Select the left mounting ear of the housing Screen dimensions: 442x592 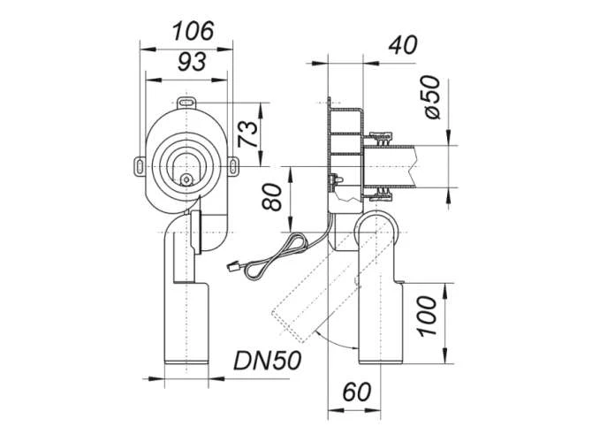pos(140,164)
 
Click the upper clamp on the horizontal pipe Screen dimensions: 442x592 pos(382,138)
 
